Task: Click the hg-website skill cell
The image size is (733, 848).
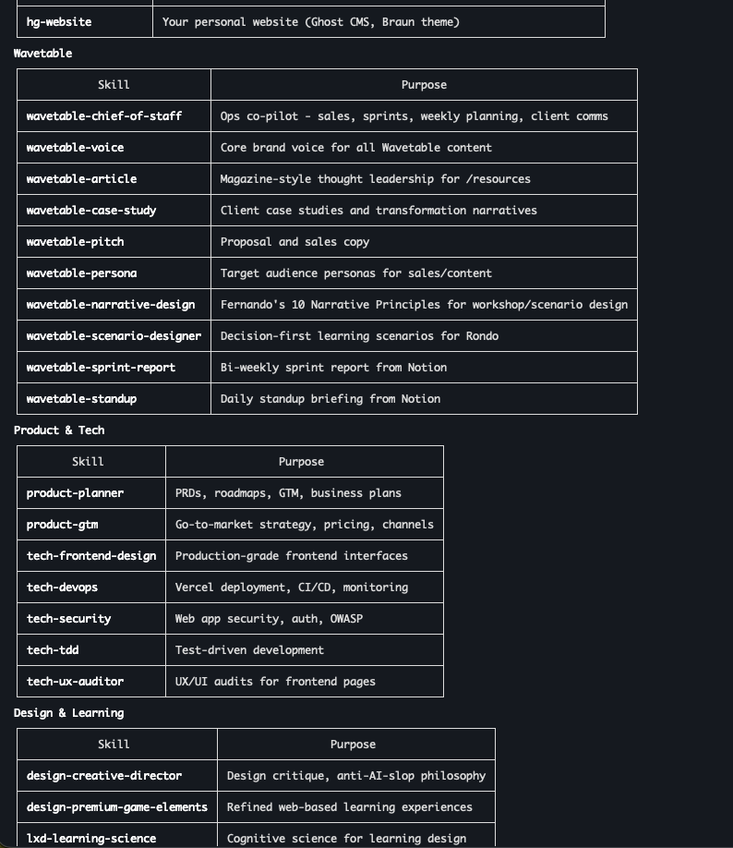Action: [59, 22]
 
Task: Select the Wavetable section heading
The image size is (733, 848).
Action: [42, 54]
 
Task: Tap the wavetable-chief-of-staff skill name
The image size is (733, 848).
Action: [104, 116]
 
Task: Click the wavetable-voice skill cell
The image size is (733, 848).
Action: [75, 148]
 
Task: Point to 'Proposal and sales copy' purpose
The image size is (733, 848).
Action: [294, 242]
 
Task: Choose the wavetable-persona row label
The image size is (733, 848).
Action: [81, 273]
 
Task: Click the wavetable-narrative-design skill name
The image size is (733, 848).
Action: [111, 305]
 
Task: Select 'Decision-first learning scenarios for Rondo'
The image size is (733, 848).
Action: [359, 336]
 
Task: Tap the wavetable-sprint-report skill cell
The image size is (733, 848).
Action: [101, 368]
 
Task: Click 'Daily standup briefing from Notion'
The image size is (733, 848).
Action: [330, 399]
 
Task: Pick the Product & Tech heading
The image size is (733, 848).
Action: [59, 430]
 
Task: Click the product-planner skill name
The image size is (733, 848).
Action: [75, 493]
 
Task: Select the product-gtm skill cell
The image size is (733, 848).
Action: [62, 525]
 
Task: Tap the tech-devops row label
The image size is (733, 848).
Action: [62, 588]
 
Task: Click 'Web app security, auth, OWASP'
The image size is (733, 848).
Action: [269, 619]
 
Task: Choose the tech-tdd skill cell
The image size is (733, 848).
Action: [53, 650]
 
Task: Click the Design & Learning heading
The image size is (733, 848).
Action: [68, 713]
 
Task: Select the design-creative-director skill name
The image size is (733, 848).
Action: [104, 776]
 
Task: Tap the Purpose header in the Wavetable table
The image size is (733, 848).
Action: [424, 85]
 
